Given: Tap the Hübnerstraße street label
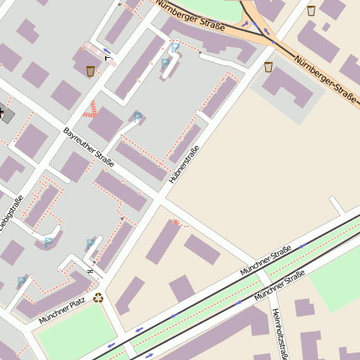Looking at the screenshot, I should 184,164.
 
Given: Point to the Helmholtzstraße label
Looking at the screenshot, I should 280,334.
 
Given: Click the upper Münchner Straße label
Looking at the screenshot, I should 265,261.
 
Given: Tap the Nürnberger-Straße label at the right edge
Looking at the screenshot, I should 327,76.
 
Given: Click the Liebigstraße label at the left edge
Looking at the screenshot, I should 10,213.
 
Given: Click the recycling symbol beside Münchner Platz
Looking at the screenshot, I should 98,297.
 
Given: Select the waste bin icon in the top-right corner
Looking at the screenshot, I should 311,11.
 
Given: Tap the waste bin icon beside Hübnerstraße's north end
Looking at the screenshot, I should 269,66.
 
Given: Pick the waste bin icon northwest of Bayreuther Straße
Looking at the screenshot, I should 91,70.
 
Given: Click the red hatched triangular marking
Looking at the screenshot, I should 91,109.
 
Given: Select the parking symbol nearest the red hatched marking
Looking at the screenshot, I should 137,117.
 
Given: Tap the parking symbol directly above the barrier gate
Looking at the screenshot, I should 91,244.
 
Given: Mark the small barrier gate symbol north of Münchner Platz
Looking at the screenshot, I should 91,271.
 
